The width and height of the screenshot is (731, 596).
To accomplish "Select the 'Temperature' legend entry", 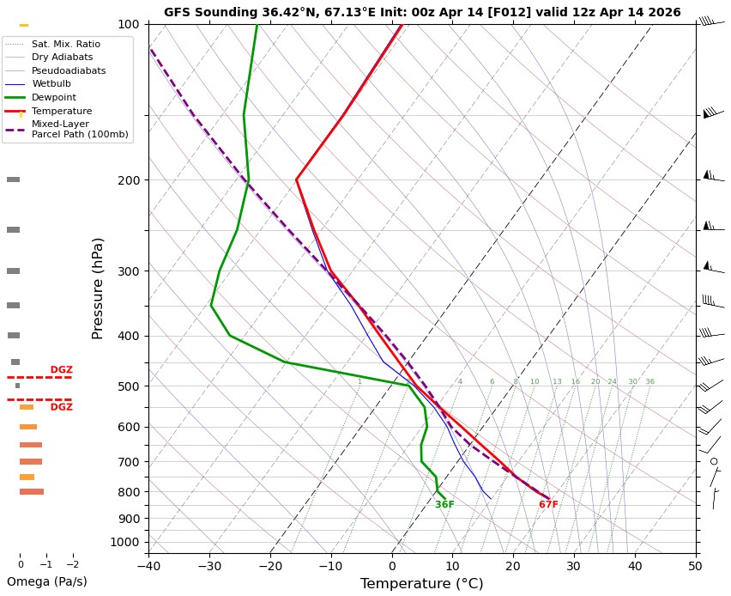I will (62, 111).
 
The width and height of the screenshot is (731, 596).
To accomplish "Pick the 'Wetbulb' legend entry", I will (51, 84).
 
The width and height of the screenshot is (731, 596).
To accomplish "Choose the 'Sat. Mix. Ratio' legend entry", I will (65, 44).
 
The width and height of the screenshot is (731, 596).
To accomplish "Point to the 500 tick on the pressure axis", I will (128, 386).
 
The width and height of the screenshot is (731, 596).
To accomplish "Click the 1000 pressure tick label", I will (125, 542).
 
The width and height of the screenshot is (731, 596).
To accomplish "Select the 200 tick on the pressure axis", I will (128, 180).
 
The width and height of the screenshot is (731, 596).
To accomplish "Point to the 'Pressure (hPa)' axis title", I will (98, 288).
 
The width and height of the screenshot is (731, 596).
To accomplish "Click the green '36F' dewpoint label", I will (444, 505).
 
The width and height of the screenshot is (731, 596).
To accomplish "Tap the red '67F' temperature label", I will (548, 505).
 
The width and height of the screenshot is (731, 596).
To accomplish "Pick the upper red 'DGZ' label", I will (61, 370).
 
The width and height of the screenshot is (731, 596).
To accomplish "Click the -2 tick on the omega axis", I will (73, 564).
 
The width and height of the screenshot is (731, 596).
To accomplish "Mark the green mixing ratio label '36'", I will (649, 381).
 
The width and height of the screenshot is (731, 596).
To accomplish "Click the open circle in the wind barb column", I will (714, 461).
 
